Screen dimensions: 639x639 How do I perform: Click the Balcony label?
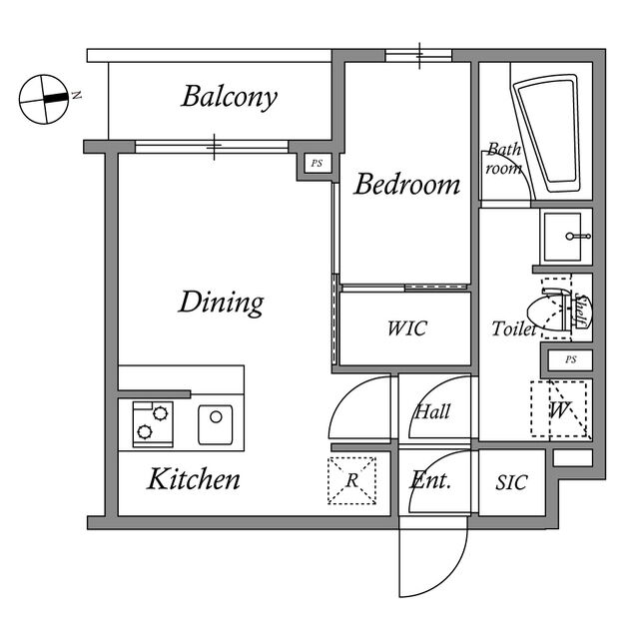click(x=229, y=97)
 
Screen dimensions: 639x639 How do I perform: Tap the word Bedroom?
click(x=406, y=185)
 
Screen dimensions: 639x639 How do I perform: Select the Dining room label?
click(x=221, y=302)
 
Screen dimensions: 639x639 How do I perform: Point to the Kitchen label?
click(x=194, y=479)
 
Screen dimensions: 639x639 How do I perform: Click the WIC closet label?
click(x=406, y=327)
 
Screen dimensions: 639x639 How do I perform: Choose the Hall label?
click(x=432, y=411)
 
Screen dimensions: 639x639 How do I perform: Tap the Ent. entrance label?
click(x=431, y=480)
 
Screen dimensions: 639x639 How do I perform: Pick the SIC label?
click(x=511, y=482)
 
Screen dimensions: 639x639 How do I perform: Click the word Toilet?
click(x=513, y=327)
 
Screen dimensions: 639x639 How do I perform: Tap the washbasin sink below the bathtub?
click(x=566, y=237)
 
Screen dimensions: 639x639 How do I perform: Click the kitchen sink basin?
click(x=216, y=424)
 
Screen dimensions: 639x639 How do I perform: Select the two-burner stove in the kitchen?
click(x=150, y=422)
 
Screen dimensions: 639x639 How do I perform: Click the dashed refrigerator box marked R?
click(x=352, y=480)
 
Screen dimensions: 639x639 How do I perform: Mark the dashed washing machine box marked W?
click(x=559, y=408)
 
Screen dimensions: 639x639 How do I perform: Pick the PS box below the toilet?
click(x=569, y=359)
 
